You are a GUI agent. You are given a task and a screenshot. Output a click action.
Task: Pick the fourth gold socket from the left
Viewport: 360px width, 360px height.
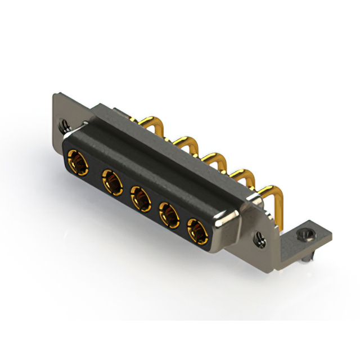(169, 214)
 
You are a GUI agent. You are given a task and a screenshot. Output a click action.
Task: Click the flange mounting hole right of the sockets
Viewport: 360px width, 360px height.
(259, 238)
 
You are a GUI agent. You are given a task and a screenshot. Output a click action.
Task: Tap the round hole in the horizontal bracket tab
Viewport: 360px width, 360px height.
(307, 232)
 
